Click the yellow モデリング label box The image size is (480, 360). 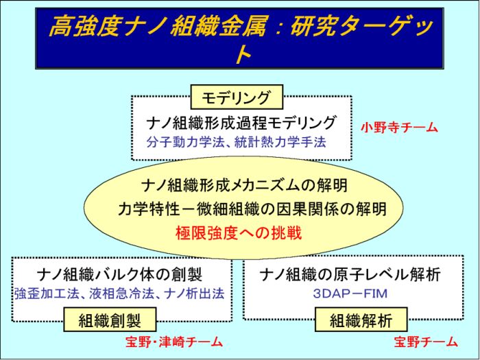[x=237, y=97]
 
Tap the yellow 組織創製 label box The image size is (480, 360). [x=110, y=320]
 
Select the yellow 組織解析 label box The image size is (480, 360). [x=361, y=320]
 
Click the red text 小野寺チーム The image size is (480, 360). [x=399, y=128]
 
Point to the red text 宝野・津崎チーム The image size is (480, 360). [x=174, y=341]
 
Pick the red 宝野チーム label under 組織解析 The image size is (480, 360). [x=426, y=341]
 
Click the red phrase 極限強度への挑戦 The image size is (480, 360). [x=239, y=233]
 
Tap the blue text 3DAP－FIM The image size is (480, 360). [x=350, y=293]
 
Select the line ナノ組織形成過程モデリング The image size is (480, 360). [x=241, y=123]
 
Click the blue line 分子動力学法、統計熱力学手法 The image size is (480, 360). [x=236, y=142]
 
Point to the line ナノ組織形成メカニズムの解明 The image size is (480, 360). [x=245, y=185]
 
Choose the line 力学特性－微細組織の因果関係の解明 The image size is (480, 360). [x=252, y=209]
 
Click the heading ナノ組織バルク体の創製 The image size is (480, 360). [x=119, y=274]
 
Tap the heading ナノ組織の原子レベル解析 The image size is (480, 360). [x=350, y=274]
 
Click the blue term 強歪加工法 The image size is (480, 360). [x=45, y=293]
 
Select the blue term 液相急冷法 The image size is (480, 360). [x=121, y=293]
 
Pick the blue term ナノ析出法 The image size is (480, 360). [x=194, y=293]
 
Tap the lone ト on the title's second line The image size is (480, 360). [x=243, y=55]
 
